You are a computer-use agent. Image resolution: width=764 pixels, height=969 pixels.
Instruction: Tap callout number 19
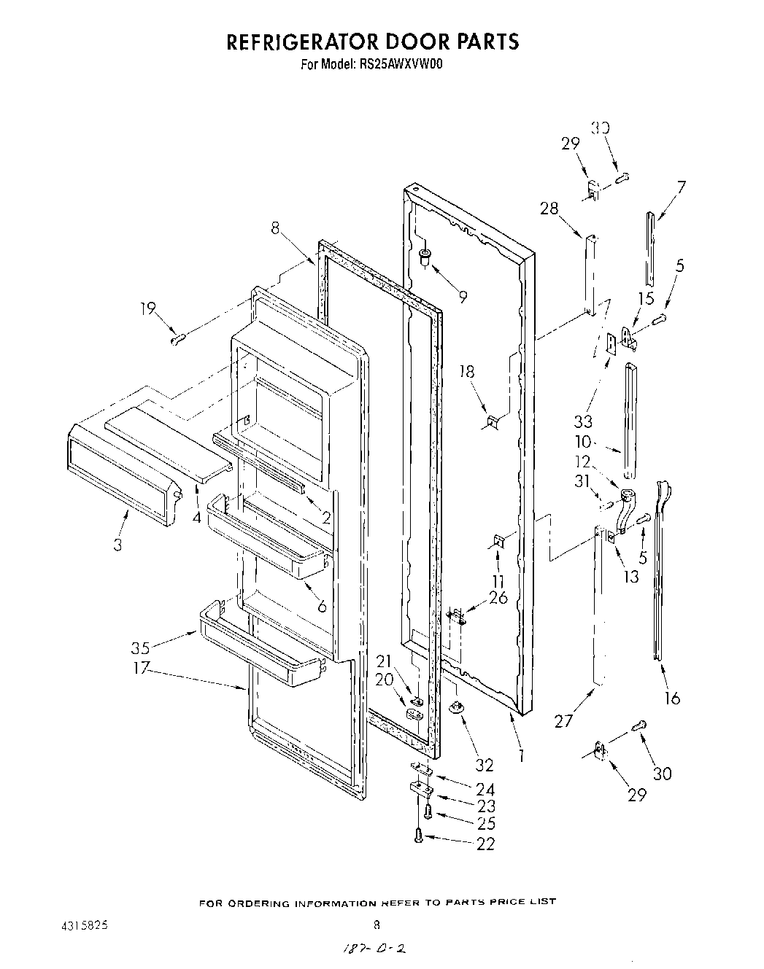[148, 308]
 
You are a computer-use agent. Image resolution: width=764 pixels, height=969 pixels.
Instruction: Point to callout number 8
[274, 227]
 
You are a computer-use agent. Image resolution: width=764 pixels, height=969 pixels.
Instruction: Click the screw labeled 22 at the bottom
[419, 838]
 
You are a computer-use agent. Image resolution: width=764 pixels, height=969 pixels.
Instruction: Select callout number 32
[484, 765]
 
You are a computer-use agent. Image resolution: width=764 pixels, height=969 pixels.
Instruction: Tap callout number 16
[672, 698]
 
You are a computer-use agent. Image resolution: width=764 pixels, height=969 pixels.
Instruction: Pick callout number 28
[549, 209]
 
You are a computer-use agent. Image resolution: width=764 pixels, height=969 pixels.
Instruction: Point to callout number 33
[583, 421]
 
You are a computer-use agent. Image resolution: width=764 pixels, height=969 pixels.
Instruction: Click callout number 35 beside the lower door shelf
[141, 647]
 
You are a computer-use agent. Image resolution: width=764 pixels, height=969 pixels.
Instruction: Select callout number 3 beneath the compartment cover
[117, 544]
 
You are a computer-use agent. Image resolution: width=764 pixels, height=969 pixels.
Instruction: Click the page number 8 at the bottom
[377, 927]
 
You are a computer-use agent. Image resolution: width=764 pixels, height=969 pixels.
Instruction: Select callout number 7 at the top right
[681, 187]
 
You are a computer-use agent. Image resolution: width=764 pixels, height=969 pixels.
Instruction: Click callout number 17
[141, 666]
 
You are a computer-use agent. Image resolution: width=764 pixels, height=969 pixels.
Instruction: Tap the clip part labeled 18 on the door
[493, 421]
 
